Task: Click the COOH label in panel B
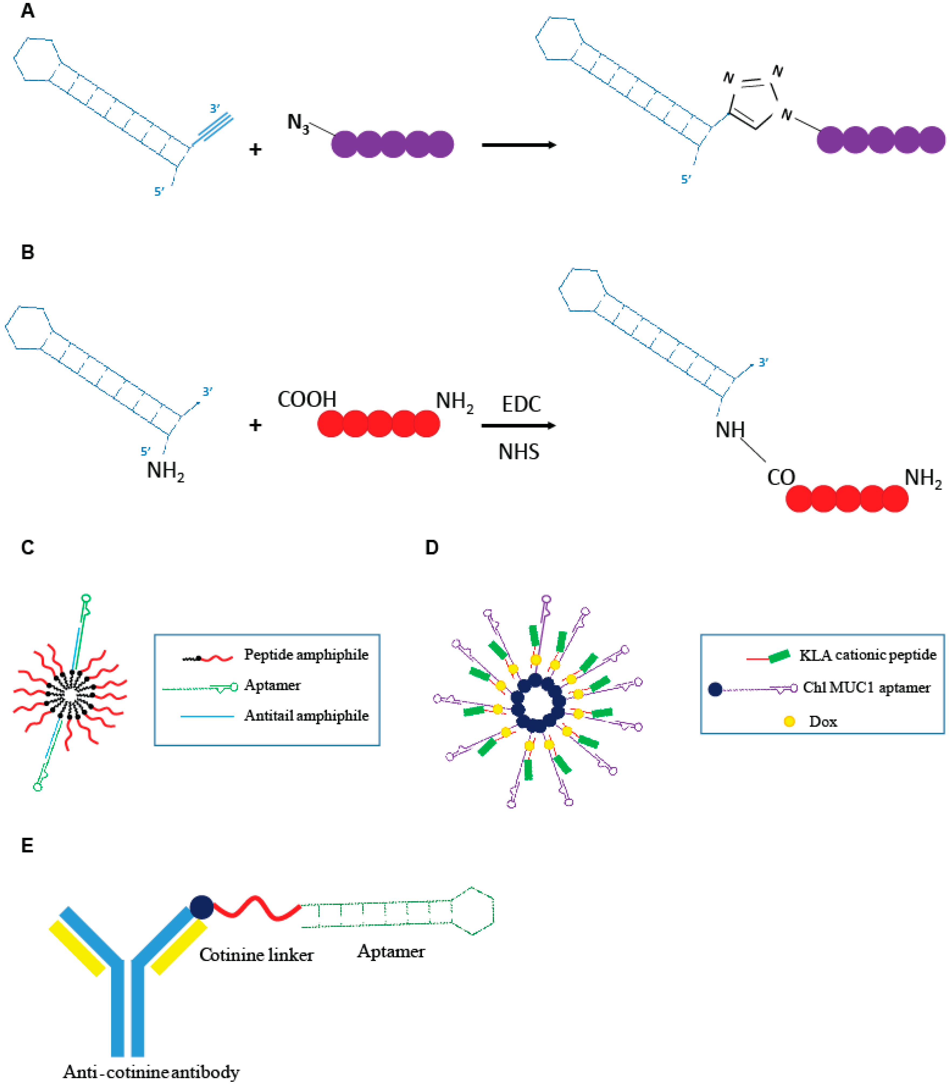pyautogui.click(x=307, y=399)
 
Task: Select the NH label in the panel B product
pyautogui.click(x=730, y=430)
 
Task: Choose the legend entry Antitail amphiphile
pyautogui.click(x=306, y=715)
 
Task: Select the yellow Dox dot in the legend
pyautogui.click(x=789, y=721)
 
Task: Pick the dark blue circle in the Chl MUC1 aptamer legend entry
pyautogui.click(x=715, y=689)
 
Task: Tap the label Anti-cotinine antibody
pyautogui.click(x=151, y=1072)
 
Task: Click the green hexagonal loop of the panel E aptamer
pyautogui.click(x=473, y=911)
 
